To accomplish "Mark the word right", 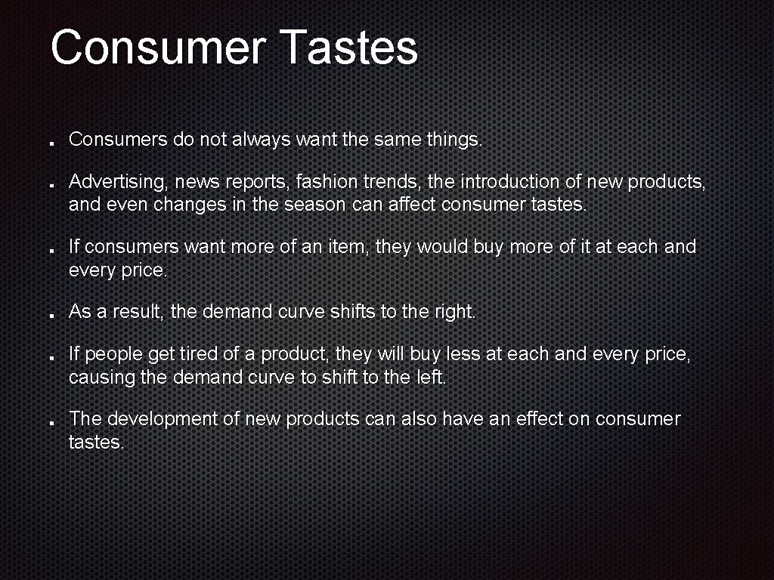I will click(x=456, y=311).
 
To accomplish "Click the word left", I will click(x=431, y=377).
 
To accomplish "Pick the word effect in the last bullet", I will click(x=543, y=419).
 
